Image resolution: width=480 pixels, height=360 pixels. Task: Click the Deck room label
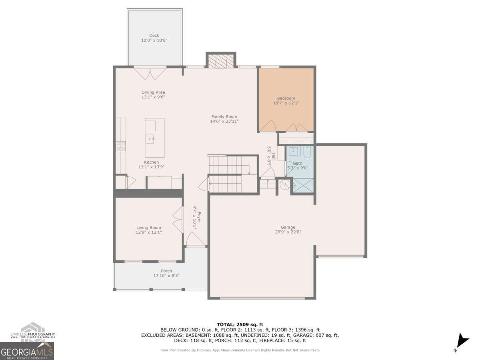tap(154, 36)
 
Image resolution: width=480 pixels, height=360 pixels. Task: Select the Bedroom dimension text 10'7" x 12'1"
tap(286, 103)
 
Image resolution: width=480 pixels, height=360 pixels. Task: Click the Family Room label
tap(224, 117)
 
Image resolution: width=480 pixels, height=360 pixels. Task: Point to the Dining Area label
tap(153, 92)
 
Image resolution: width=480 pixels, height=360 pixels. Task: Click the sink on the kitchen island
tap(150, 139)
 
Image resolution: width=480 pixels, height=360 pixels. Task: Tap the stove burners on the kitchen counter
tap(121, 146)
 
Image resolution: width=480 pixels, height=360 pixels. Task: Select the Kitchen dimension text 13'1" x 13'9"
tap(152, 167)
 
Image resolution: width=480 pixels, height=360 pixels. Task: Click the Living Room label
tap(149, 228)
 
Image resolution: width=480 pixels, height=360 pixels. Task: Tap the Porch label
tap(166, 271)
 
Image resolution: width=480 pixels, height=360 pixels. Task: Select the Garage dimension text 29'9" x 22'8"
tap(288, 232)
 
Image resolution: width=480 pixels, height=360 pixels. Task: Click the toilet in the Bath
tap(307, 152)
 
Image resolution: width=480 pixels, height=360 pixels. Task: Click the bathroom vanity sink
tap(294, 151)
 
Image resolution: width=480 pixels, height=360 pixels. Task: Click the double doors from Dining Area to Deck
tap(150, 73)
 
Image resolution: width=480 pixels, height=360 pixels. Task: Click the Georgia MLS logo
tap(27, 351)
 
